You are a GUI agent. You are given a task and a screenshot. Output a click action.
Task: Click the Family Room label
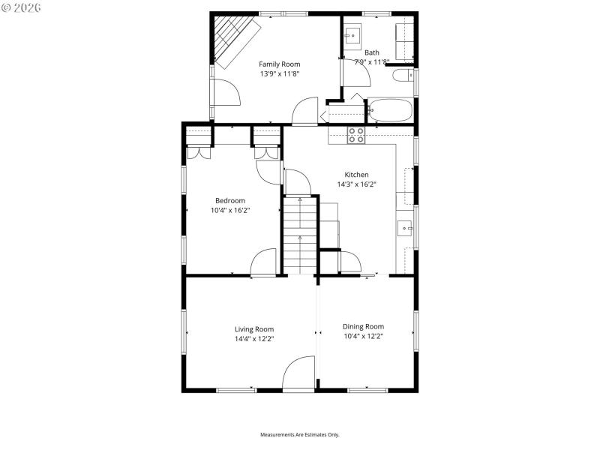pyautogui.click(x=280, y=64)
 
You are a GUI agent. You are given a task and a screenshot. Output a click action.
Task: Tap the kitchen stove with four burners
pyautogui.click(x=356, y=135)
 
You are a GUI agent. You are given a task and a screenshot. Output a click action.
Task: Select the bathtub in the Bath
pyautogui.click(x=390, y=111)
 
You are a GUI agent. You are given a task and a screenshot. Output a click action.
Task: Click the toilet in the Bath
pyautogui.click(x=403, y=76)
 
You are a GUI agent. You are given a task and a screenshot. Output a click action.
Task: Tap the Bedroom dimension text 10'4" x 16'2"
pyautogui.click(x=230, y=211)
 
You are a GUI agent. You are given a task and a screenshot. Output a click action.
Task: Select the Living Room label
pyautogui.click(x=254, y=328)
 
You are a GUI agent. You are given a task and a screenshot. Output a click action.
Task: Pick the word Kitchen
pyautogui.click(x=356, y=174)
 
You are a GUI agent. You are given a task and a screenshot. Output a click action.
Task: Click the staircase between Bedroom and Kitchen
pyautogui.click(x=300, y=236)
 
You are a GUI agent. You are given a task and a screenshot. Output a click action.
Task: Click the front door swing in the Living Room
pyautogui.click(x=298, y=373)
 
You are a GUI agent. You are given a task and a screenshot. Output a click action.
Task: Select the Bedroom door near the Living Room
pyautogui.click(x=264, y=262)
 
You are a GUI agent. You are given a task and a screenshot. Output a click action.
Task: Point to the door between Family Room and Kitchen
pyautogui.click(x=305, y=111)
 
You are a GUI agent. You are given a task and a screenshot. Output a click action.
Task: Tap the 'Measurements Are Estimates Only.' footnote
pyautogui.click(x=300, y=435)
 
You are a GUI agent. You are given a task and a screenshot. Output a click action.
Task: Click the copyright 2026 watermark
pyautogui.click(x=21, y=7)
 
